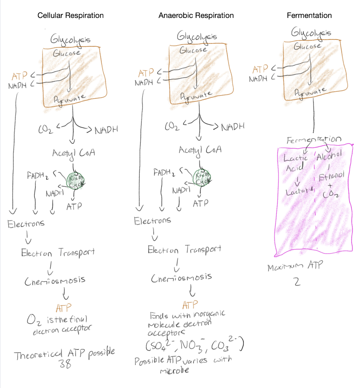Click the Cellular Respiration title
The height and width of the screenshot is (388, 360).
tap(70, 15)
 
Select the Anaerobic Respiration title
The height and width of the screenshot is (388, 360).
tap(196, 15)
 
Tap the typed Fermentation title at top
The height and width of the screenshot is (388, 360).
tap(309, 15)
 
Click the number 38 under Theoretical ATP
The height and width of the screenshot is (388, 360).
tap(65, 364)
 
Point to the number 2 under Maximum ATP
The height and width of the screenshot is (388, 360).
tap(297, 282)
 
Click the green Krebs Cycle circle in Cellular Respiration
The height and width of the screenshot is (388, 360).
tap(75, 181)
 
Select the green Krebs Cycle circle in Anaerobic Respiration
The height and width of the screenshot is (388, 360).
tap(202, 178)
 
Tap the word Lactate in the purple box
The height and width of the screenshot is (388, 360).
tap(299, 191)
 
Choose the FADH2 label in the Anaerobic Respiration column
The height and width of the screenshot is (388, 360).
tap(164, 173)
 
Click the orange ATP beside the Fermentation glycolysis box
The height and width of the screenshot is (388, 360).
tap(260, 69)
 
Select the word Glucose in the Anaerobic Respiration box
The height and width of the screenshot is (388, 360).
tap(193, 50)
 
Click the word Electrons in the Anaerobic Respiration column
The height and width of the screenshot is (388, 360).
tap(152, 220)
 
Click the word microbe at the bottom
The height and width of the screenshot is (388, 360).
tap(174, 371)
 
